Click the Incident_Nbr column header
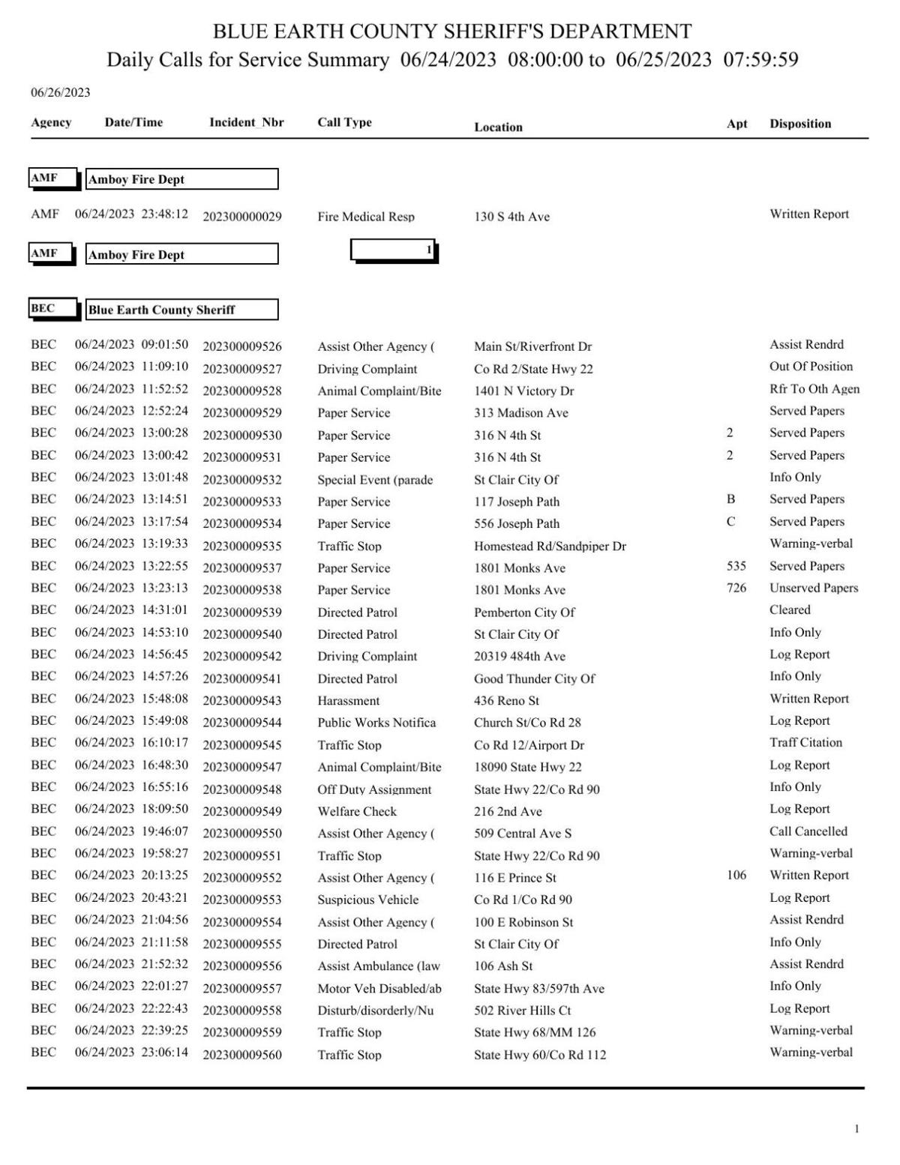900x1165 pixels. coord(246,122)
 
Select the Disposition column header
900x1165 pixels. coord(799,124)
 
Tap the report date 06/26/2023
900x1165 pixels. coord(60,93)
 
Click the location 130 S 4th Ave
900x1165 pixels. coord(511,217)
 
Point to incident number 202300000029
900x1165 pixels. coord(242,217)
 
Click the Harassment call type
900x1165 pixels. coord(348,700)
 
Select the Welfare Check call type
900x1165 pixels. coord(357,811)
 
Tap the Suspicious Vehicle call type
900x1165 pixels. coord(367,900)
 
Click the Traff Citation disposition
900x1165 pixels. coord(805,742)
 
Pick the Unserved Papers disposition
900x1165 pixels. coord(814,588)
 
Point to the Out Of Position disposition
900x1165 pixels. coord(811,367)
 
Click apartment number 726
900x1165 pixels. coord(736,588)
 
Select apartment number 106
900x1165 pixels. coord(736,875)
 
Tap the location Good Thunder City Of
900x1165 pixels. coord(534,678)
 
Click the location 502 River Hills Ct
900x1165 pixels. coord(522,1010)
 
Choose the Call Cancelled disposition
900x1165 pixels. coord(808,831)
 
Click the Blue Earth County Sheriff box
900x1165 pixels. coord(181,310)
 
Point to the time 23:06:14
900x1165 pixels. coord(164,1053)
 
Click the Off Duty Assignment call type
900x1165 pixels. coord(374,789)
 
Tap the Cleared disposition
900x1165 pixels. coord(790,610)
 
